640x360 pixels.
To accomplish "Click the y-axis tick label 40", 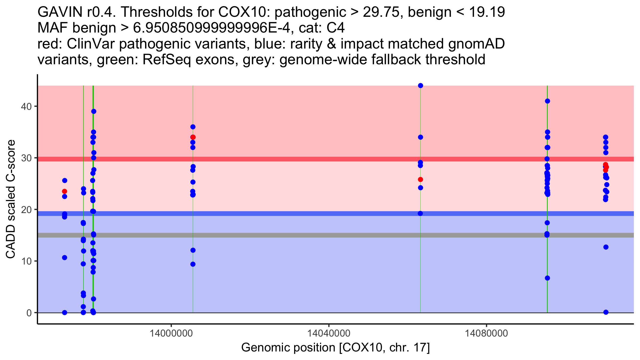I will point(26,106).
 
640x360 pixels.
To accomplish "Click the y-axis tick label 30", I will point(26,158).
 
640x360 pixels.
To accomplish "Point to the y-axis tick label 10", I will point(26,261).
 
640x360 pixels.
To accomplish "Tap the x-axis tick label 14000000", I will point(171,333).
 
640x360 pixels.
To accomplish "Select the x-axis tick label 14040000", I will point(329,333).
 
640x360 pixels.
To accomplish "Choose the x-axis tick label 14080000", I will point(487,333).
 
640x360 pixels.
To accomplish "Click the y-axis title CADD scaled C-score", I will point(11,199).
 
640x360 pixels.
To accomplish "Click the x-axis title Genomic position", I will point(335,348).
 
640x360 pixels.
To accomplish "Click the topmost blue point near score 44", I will point(421,86).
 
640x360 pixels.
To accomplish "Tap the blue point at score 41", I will point(547,101).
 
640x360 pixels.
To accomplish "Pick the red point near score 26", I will point(421,179).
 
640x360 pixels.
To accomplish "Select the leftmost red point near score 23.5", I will point(65,191).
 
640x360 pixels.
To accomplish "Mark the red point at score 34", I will point(193,137).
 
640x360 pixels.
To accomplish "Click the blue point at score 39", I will point(94,111).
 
